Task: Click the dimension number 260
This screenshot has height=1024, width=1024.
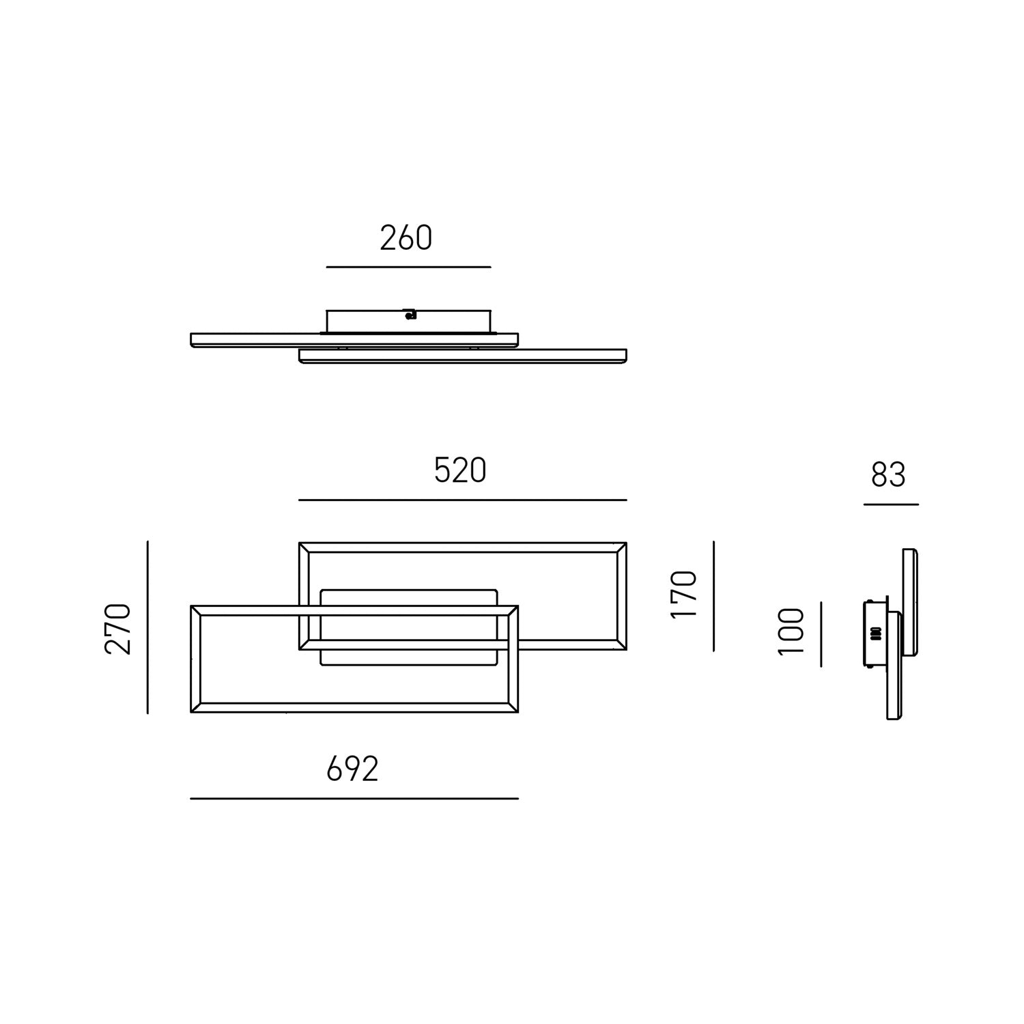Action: tap(406, 238)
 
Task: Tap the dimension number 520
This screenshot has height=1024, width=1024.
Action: tap(460, 471)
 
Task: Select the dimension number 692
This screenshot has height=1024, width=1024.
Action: tap(352, 769)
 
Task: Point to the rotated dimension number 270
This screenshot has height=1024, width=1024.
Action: tap(118, 629)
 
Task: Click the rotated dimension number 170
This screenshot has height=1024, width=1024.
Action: tap(683, 595)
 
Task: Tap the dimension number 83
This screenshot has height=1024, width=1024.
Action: tap(888, 475)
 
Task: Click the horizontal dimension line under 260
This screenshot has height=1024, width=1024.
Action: tap(408, 267)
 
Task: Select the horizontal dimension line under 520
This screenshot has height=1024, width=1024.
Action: tap(462, 500)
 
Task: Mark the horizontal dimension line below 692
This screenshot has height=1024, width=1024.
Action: tap(354, 798)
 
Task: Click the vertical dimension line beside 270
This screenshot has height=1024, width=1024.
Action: tap(147, 627)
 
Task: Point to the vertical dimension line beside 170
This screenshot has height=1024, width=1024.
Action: tap(713, 595)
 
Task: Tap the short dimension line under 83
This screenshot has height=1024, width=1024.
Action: tap(891, 504)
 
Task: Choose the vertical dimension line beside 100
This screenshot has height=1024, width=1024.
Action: tap(821, 634)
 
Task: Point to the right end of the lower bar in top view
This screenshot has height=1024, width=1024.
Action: tap(624, 356)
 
